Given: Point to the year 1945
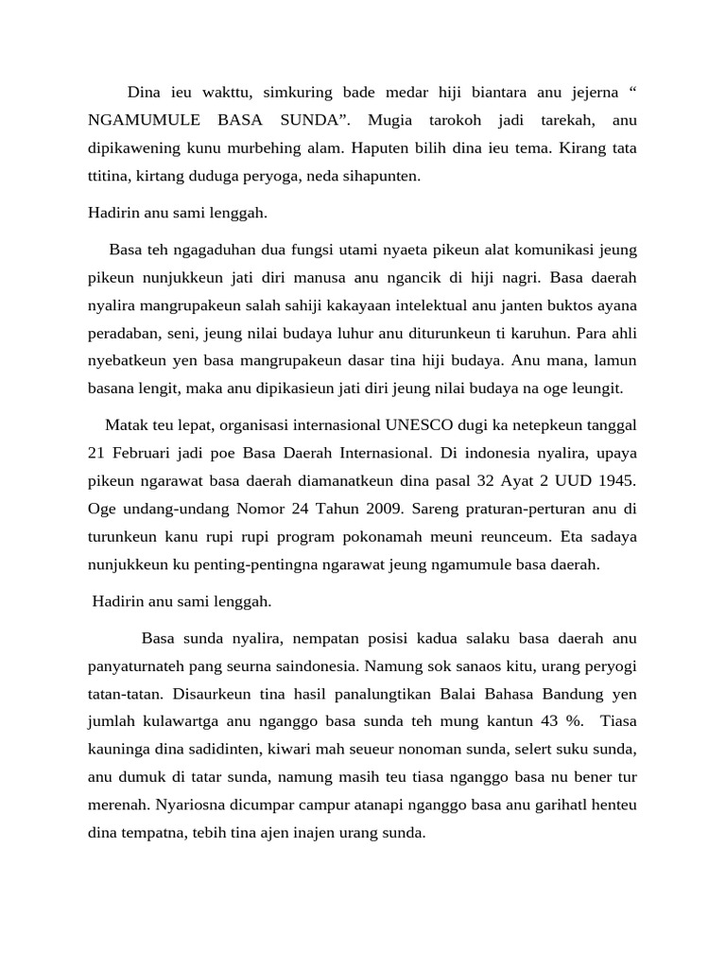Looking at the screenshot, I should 616,480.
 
